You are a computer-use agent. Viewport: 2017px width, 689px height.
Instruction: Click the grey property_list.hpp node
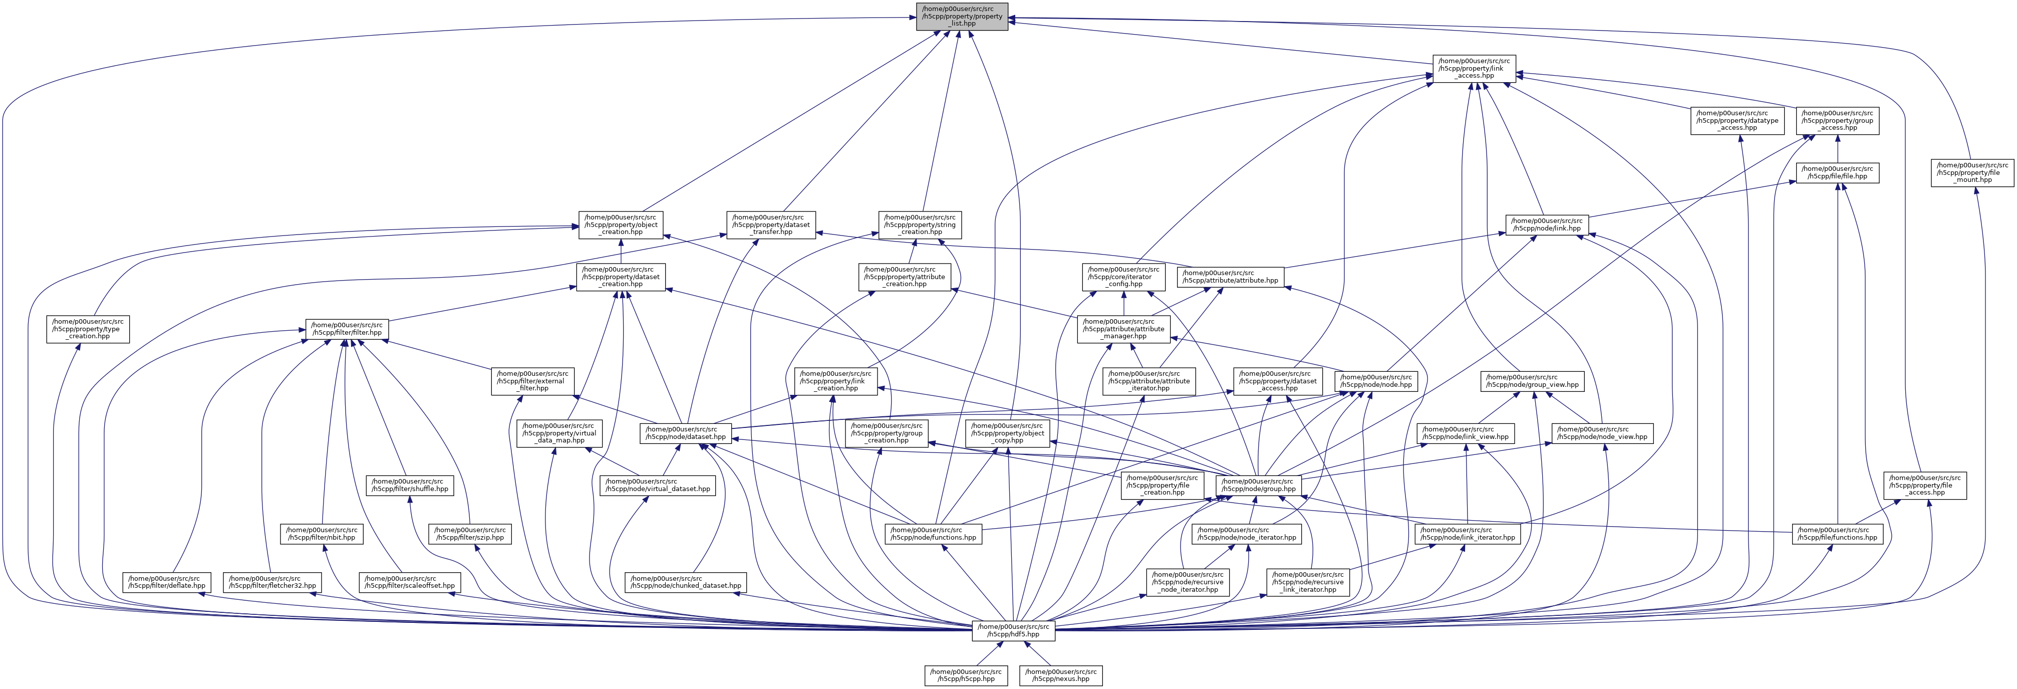coord(962,17)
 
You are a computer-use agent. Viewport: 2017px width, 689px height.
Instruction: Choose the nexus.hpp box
coord(1061,675)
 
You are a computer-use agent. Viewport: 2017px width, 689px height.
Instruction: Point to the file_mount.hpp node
coord(1971,173)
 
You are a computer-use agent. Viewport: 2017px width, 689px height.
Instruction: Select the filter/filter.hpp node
coord(348,329)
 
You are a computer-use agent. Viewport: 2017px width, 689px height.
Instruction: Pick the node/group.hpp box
coord(1258,485)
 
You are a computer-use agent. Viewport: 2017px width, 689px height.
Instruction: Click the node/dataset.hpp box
coord(684,433)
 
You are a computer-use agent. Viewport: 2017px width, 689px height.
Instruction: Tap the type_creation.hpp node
coord(88,329)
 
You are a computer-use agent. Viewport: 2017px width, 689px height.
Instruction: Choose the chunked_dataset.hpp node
coord(685,582)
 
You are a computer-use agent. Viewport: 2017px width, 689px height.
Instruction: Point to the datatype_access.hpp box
coord(1739,121)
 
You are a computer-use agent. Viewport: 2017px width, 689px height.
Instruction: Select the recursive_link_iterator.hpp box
coord(1308,582)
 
